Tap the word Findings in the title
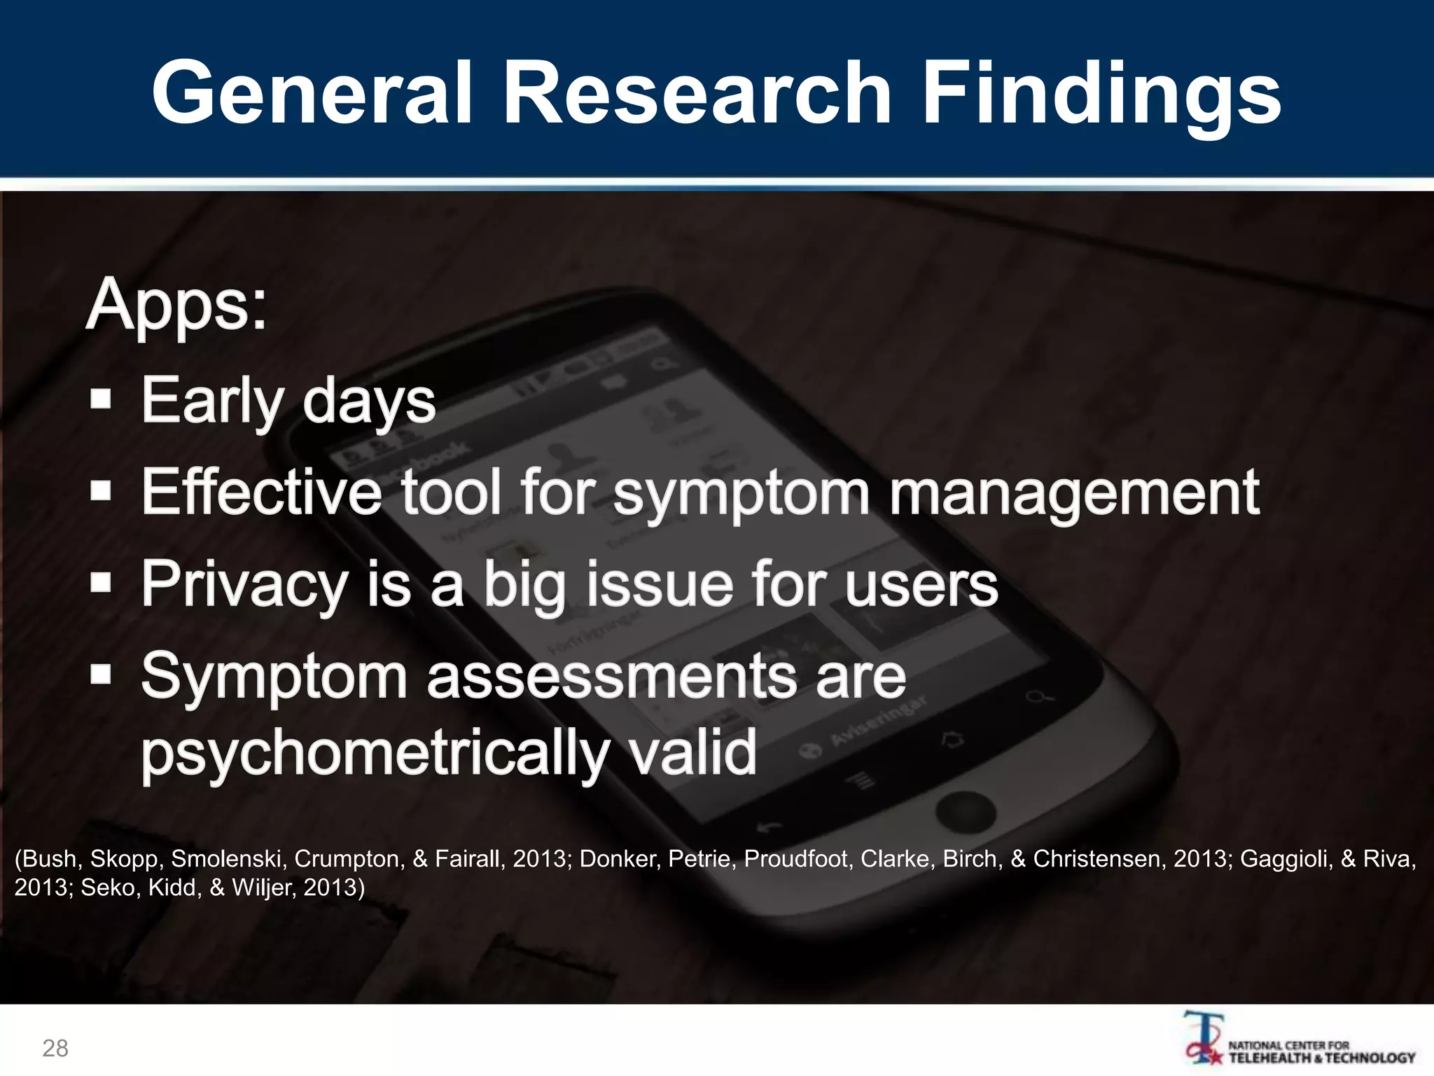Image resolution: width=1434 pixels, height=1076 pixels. (1101, 93)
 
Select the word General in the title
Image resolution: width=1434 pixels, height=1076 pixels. (312, 93)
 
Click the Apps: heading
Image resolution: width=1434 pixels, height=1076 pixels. (176, 305)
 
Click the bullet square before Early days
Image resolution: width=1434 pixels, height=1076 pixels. (102, 400)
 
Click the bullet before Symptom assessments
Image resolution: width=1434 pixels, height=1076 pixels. (102, 675)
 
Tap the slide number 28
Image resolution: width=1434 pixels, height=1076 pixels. (55, 1048)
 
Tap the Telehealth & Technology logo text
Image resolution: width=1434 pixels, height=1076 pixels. (1322, 1052)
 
